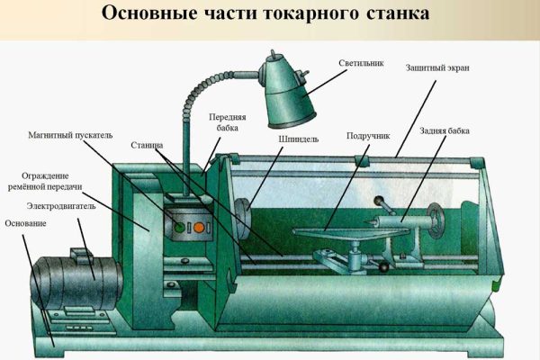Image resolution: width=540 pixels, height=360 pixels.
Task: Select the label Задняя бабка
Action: (x=445, y=130)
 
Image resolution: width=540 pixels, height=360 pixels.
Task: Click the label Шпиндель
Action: (x=297, y=139)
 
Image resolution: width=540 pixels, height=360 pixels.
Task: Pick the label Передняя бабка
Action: (x=228, y=122)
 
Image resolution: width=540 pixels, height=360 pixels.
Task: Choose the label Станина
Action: (x=147, y=143)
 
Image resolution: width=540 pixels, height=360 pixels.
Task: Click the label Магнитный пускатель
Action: (x=70, y=135)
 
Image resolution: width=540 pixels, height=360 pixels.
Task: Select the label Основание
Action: (x=24, y=222)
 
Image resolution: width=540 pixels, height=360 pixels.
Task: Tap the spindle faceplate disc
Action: (x=242, y=216)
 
